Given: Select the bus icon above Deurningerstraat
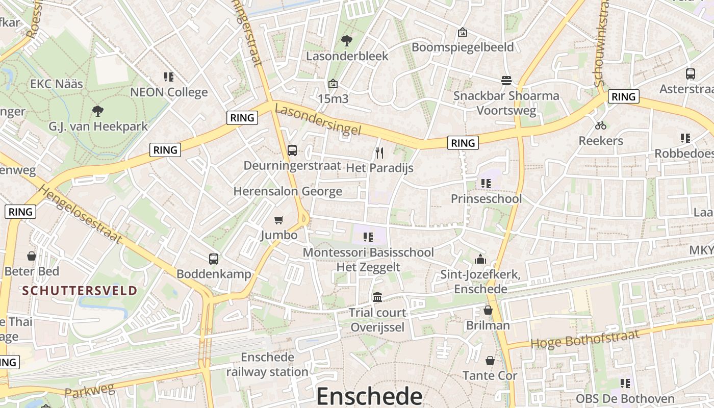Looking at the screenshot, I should pyautogui.click(x=292, y=150).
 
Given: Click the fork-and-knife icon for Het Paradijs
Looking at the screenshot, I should pyautogui.click(x=379, y=152).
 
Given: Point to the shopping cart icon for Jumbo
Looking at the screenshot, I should pyautogui.click(x=278, y=220).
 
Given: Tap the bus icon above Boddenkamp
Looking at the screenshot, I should pyautogui.click(x=214, y=259).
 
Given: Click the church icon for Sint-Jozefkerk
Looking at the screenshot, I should pyautogui.click(x=480, y=260).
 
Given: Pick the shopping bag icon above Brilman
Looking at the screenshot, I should pyautogui.click(x=488, y=310).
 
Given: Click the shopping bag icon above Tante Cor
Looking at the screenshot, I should pyautogui.click(x=490, y=361).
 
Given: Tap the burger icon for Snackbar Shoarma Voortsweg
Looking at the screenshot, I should pyautogui.click(x=506, y=81).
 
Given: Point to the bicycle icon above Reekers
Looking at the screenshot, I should pyautogui.click(x=601, y=125).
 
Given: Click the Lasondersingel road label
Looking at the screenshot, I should pyautogui.click(x=318, y=120).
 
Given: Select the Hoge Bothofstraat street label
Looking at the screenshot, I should pyautogui.click(x=585, y=339).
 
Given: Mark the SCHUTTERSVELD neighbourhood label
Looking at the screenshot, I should pyautogui.click(x=80, y=291).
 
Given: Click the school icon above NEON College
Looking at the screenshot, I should pyautogui.click(x=169, y=77).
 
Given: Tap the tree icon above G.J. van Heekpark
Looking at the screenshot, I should pyautogui.click(x=98, y=111).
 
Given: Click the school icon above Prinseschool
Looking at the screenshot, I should pyautogui.click(x=486, y=183).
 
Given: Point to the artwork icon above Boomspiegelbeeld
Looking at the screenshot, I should pyautogui.click(x=463, y=32).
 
